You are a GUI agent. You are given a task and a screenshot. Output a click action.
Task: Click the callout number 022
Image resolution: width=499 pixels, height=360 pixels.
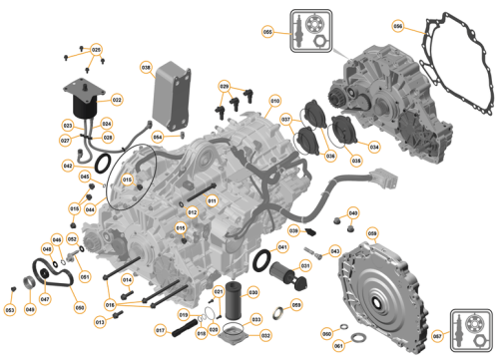pos(117,100)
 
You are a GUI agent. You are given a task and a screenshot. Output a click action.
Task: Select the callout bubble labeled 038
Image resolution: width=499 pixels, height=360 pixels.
pos(146,69)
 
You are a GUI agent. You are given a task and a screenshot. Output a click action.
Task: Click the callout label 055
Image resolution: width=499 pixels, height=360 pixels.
pos(267,32)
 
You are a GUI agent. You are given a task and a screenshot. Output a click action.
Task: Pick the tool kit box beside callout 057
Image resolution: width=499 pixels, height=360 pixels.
pos(469,327)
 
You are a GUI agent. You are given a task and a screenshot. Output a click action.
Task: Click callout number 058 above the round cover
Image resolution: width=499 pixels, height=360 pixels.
pos(372,232)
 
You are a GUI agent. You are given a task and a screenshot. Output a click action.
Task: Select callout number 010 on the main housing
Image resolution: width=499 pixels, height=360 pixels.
pos(275,100)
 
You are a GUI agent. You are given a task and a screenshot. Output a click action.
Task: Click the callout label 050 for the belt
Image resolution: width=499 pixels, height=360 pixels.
pos(80,308)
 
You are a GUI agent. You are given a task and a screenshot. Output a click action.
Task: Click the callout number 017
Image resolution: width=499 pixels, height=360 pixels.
pos(160,329)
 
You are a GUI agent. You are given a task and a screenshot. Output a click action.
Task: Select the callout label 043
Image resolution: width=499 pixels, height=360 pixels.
pos(334,250)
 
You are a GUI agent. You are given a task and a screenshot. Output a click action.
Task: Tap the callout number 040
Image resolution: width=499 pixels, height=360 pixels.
pos(352,212)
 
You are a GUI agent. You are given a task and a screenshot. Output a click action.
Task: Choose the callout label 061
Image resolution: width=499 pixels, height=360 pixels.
pos(337,345)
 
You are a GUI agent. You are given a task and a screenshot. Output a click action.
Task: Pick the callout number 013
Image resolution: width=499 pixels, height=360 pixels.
pos(100,321)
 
